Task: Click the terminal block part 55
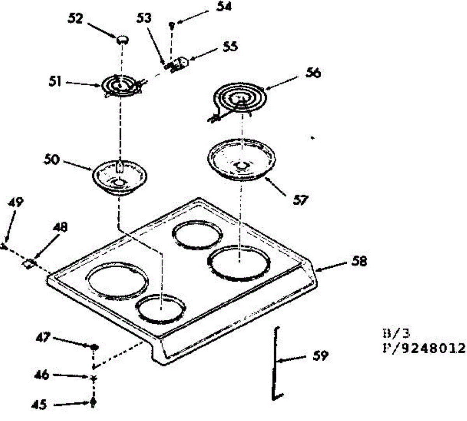tap(180, 63)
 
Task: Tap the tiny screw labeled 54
tap(172, 26)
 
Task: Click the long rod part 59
tap(276, 362)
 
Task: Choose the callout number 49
tap(16, 202)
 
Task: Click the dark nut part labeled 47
tap(94, 346)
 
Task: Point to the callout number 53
tap(144, 18)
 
